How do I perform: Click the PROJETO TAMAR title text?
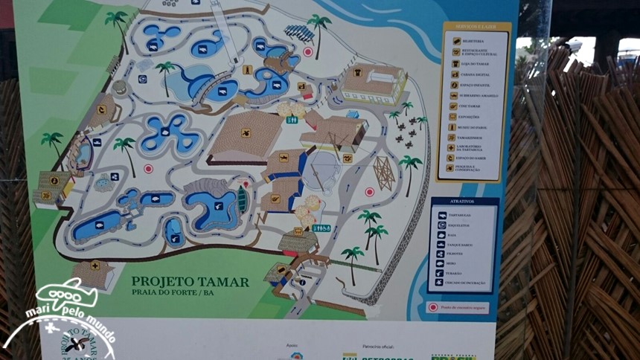coord(190,281)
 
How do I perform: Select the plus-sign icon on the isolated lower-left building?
coord(95,266)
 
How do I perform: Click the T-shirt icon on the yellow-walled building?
coord(359,73)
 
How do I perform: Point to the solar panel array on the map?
coord(299,33)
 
